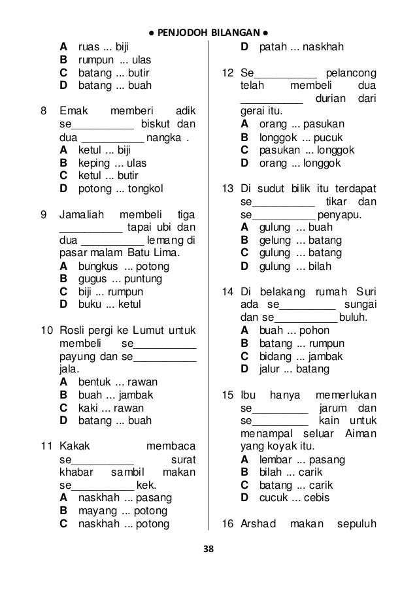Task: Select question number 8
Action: click(x=43, y=111)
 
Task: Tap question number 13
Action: click(x=227, y=189)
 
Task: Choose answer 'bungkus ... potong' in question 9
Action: click(x=124, y=267)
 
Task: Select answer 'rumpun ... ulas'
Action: click(x=114, y=59)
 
